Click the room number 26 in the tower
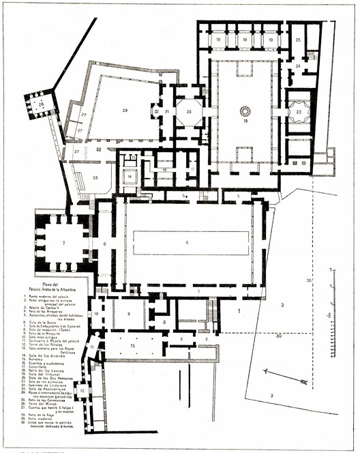click(x=42, y=104)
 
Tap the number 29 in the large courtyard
click(x=125, y=109)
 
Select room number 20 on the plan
click(x=189, y=111)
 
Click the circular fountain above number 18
click(x=245, y=110)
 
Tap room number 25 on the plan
click(x=299, y=40)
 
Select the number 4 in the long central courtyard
click(x=185, y=242)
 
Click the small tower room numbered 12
click(x=82, y=390)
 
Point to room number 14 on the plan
click(x=129, y=175)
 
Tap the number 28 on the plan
click(x=95, y=177)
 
